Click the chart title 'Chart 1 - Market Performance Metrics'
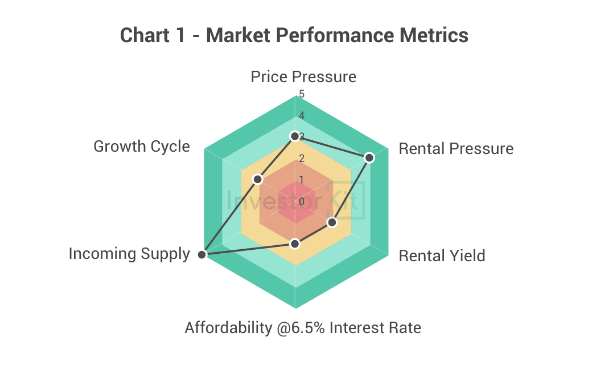coord(294,35)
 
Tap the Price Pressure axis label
coord(303,76)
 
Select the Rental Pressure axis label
coord(456,149)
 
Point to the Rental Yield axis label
coord(442,255)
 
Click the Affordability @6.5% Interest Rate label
coord(303,328)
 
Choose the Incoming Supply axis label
coord(129,254)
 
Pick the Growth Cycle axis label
coord(141,147)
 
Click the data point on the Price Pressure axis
coord(294,136)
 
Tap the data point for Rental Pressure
coord(369,157)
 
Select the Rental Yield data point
coord(332,222)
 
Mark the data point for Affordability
coord(294,244)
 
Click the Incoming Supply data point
coord(202,255)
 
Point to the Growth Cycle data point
coord(258,179)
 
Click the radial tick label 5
coord(302,94)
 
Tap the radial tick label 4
coord(302,116)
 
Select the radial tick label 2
coord(302,159)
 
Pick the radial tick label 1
coord(302,180)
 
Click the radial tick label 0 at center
coord(302,201)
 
